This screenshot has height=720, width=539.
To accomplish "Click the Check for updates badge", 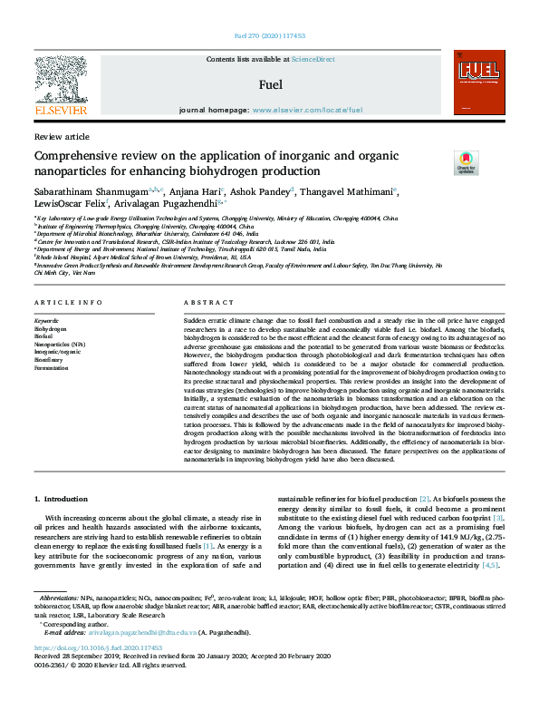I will pyautogui.click(x=466, y=163).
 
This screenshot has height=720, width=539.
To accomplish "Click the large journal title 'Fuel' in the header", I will pyautogui.click(x=271, y=84).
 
